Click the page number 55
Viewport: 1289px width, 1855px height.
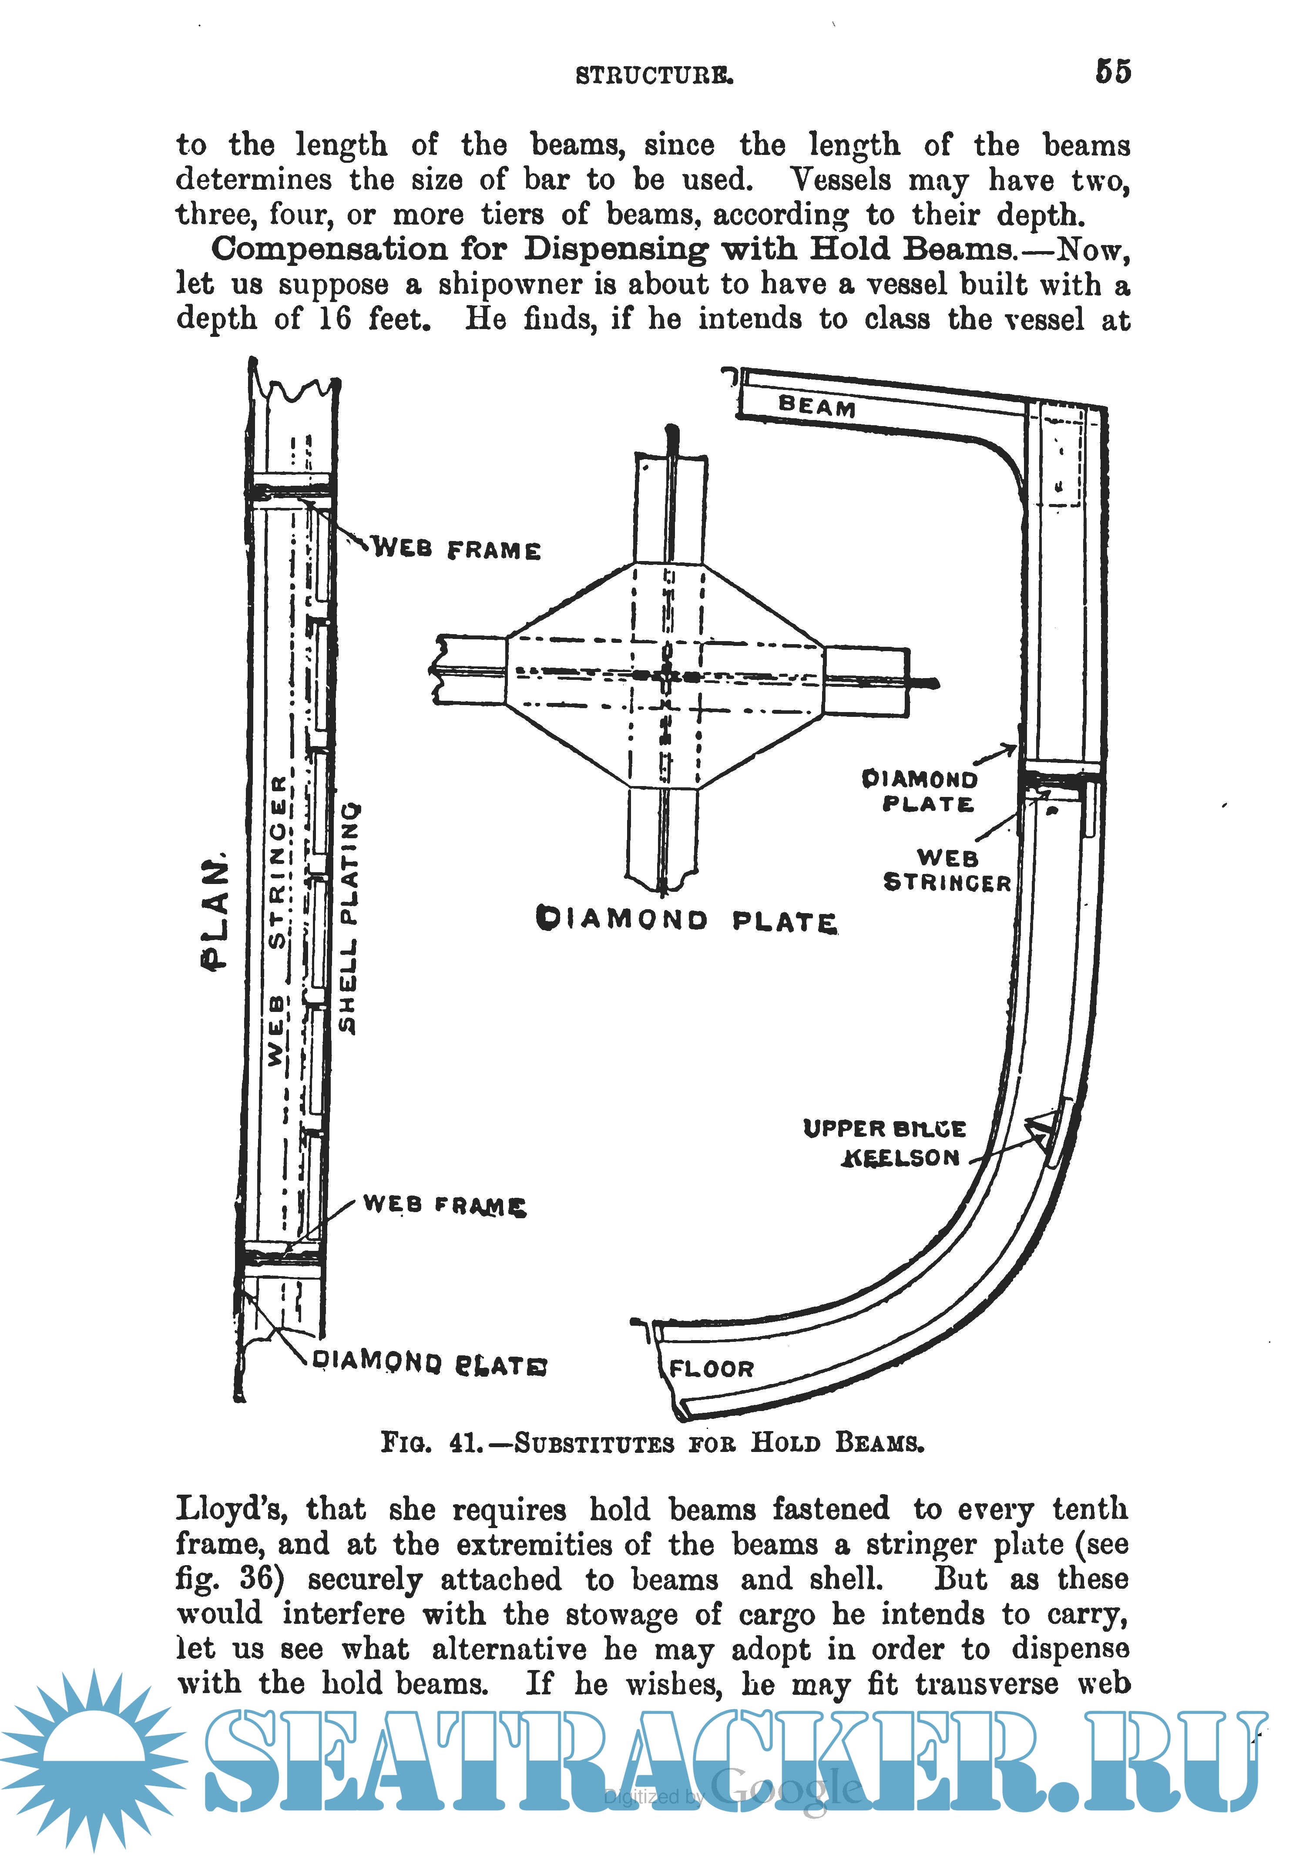(1112, 72)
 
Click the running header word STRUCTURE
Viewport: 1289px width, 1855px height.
(654, 76)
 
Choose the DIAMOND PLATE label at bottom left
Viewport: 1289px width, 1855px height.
(429, 1362)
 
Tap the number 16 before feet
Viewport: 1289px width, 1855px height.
(334, 319)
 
